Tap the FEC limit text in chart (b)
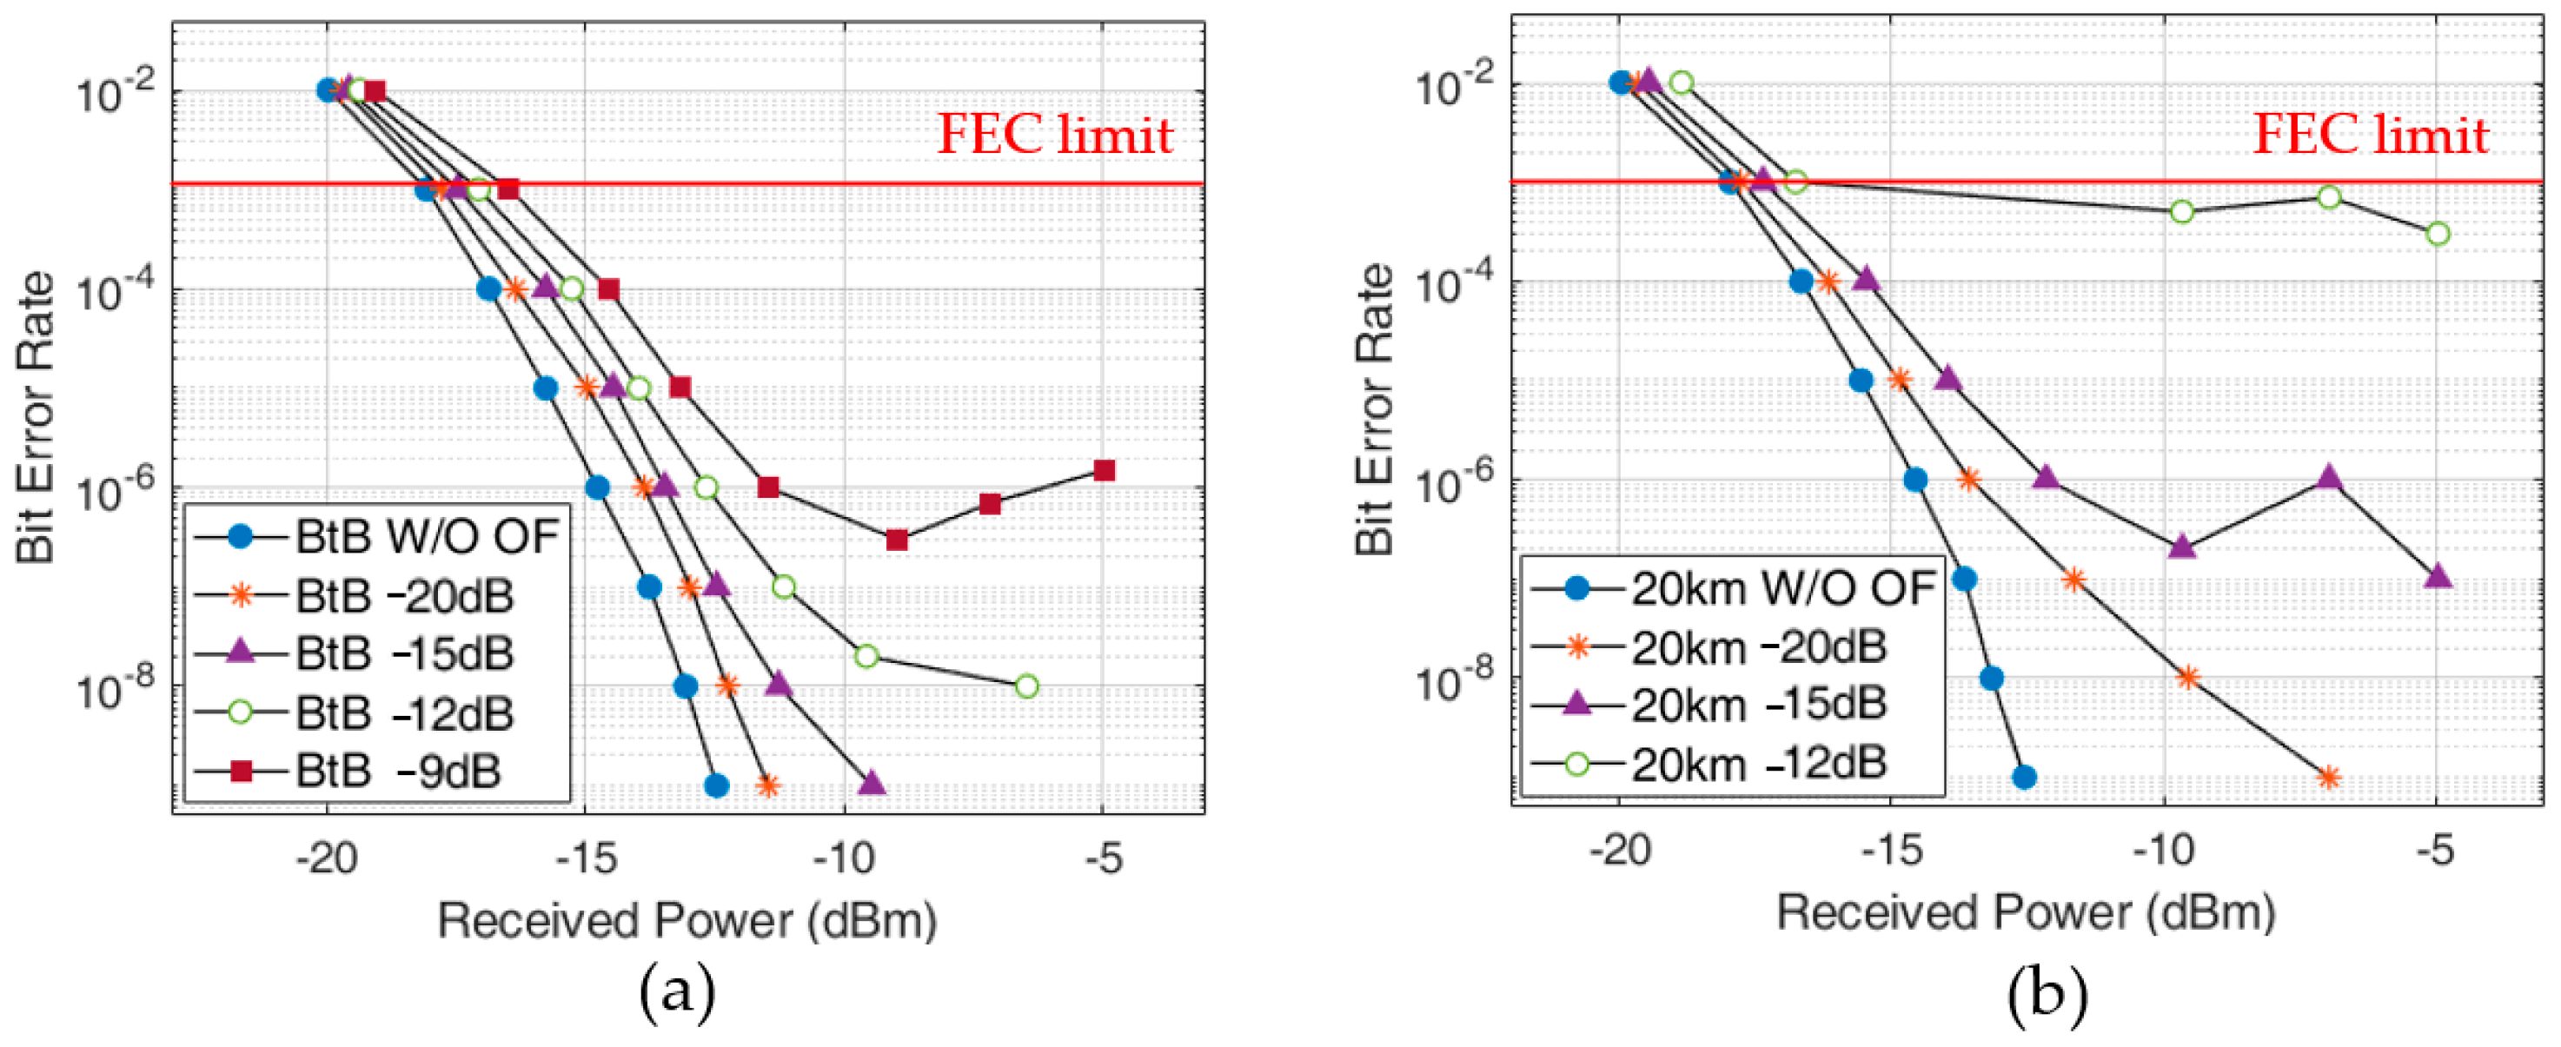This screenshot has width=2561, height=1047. (x=2370, y=134)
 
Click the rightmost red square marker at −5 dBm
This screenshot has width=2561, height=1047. (x=1104, y=470)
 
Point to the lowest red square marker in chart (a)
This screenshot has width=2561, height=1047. (x=897, y=540)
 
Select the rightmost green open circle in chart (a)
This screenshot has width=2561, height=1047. (x=1027, y=686)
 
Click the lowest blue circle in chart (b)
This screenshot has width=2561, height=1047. (x=2023, y=778)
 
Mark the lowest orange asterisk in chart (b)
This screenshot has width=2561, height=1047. (x=2328, y=778)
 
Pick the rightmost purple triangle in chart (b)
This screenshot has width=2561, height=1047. (x=2438, y=577)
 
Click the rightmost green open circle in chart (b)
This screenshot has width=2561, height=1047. (x=2438, y=234)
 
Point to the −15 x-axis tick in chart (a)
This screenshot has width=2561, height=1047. (x=586, y=856)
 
